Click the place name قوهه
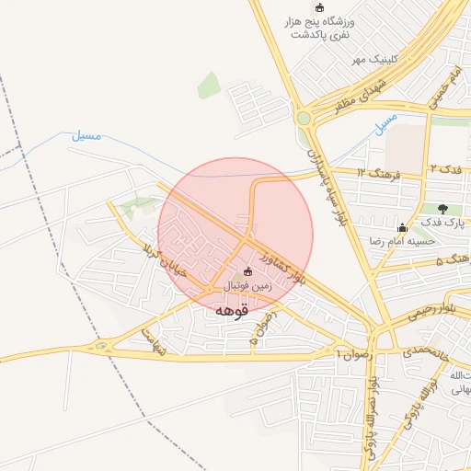pos(232,311)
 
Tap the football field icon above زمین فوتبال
pos(247,271)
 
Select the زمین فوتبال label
pos(247,287)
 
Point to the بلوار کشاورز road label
pos(280,262)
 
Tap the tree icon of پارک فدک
pos(443,209)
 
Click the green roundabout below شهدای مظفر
pos(304,117)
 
